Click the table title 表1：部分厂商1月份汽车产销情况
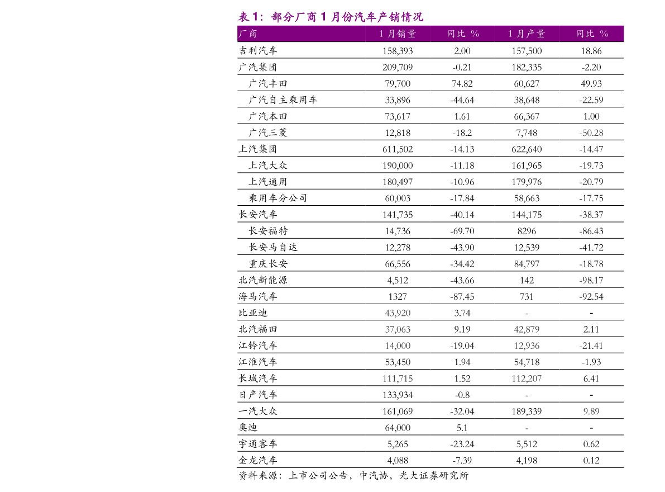[331, 17]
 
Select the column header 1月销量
[398, 34]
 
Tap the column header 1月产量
[527, 34]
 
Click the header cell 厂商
[248, 34]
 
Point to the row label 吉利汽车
[258, 50]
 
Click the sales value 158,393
[398, 51]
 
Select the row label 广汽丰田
[268, 84]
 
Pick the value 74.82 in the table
[462, 84]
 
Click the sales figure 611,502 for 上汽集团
[398, 149]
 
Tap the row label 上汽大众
[268, 165]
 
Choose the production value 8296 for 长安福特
[527, 231]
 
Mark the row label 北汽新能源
[263, 280]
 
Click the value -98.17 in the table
[591, 281]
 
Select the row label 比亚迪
[253, 313]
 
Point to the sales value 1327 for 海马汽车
[398, 297]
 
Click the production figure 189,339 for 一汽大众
[527, 411]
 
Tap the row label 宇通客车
[258, 444]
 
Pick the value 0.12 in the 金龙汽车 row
[591, 461]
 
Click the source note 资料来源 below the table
[353, 476]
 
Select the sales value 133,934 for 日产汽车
[398, 395]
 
